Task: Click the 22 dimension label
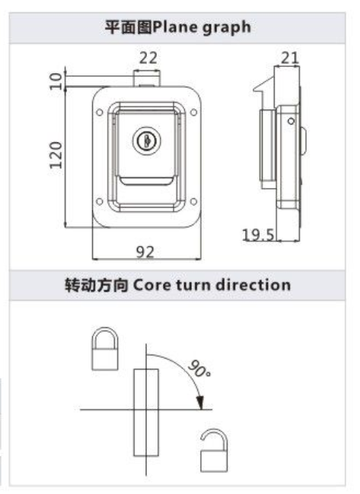[148, 58]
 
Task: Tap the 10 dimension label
[56, 81]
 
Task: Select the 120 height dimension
[56, 155]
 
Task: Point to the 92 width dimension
[145, 252]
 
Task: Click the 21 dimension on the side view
[289, 58]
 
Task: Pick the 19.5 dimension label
[258, 235]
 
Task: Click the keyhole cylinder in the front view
[146, 141]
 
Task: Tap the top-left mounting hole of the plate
[100, 112]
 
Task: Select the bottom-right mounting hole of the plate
[194, 201]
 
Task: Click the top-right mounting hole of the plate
[194, 112]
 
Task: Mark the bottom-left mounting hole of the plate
[100, 201]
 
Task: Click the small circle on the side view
[291, 121]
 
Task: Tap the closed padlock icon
[105, 349]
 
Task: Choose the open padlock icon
[214, 450]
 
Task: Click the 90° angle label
[199, 368]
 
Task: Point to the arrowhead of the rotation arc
[200, 403]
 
